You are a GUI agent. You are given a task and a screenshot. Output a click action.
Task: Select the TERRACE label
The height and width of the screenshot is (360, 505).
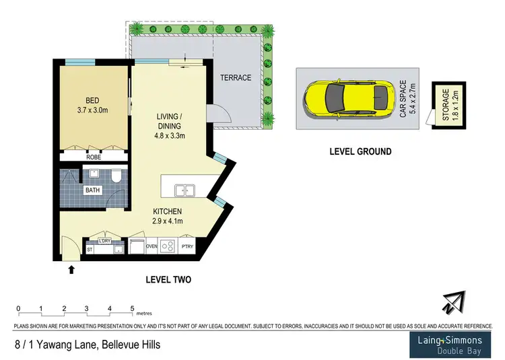(236, 78)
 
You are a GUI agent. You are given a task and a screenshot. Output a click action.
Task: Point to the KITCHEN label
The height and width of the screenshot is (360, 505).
(169, 211)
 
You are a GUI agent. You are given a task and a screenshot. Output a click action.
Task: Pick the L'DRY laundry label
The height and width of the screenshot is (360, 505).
(104, 242)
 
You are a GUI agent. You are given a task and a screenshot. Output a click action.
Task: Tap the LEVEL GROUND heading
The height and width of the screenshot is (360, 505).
(360, 152)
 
